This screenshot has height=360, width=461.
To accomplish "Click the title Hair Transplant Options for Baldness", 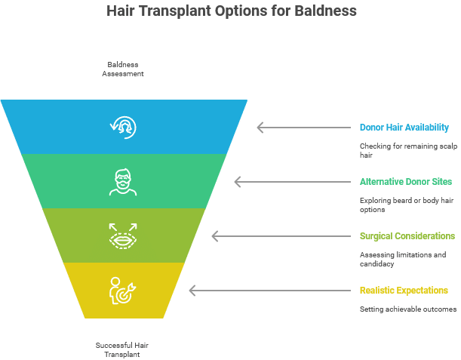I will tap(231, 11).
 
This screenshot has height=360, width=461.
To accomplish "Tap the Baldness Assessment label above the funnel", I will tap(124, 69).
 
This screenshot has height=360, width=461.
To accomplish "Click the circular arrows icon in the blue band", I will tap(123, 127).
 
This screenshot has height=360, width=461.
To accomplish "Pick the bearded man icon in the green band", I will tap(123, 181).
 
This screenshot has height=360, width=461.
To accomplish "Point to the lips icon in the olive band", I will tap(123, 235).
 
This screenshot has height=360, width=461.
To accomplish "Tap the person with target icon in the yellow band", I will tap(123, 291).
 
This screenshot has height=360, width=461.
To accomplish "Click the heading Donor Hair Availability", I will tap(404, 127).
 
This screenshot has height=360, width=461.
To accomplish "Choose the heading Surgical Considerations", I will tap(407, 235).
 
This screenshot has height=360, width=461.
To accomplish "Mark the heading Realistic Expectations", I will tap(404, 290).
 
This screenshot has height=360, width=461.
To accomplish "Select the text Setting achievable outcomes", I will tap(407, 309).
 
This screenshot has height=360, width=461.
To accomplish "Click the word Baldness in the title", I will tap(327, 11).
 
